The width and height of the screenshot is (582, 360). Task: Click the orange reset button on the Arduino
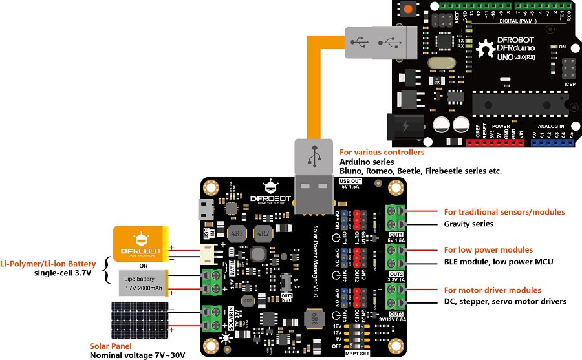click(409, 9)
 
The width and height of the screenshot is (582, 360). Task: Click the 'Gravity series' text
click(469, 224)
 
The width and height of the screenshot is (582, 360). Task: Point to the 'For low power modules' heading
click(488, 249)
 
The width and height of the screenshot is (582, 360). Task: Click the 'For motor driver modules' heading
click(492, 290)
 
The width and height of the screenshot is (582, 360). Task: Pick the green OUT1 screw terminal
click(396, 217)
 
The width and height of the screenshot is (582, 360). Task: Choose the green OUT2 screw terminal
click(396, 257)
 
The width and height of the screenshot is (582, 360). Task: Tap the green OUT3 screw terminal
click(396, 297)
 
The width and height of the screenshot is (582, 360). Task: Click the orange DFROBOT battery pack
click(140, 244)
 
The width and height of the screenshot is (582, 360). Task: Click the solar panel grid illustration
click(140, 319)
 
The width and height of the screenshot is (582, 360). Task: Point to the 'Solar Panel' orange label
click(113, 346)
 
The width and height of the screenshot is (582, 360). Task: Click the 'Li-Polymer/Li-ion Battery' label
click(47, 264)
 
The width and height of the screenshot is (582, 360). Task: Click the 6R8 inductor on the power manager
click(312, 319)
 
